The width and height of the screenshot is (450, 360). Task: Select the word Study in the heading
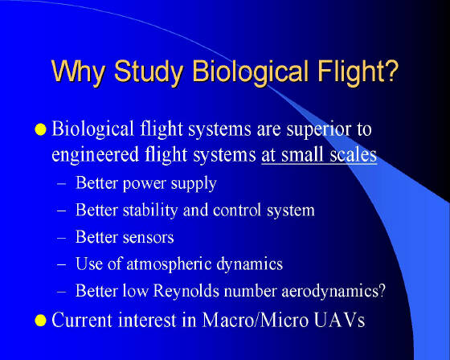149,72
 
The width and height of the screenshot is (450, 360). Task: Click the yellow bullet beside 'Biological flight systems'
40,129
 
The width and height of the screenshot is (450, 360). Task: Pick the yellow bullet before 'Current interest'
40,321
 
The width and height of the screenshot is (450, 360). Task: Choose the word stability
150,211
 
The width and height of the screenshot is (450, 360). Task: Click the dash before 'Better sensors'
62,238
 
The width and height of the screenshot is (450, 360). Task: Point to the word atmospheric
169,264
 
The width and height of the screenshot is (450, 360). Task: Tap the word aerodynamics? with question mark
333,291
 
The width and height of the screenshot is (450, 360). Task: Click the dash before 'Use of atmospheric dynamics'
62,264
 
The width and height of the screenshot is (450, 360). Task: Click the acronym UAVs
339,320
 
